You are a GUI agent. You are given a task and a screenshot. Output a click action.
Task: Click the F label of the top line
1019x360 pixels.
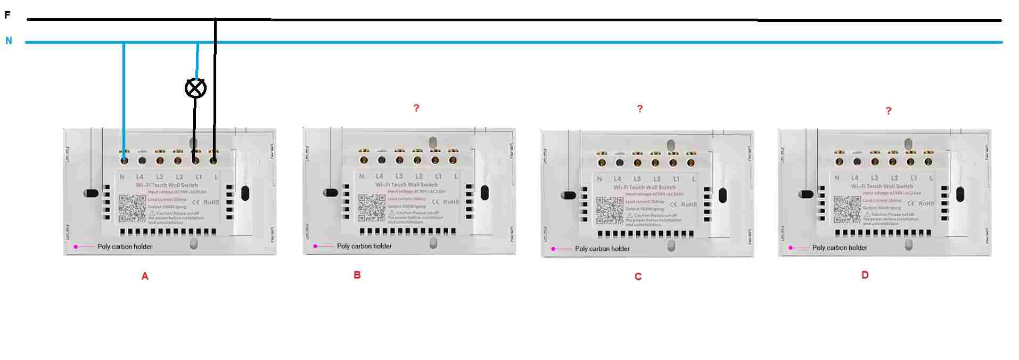click(x=7, y=15)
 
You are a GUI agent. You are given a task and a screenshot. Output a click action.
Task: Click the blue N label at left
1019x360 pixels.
click(x=9, y=40)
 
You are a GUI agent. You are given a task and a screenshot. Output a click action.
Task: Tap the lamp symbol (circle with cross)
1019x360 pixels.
click(x=195, y=88)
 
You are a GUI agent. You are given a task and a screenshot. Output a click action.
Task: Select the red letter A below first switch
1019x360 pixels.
click(x=145, y=276)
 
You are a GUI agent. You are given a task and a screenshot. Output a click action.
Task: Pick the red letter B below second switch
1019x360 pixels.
click(x=357, y=275)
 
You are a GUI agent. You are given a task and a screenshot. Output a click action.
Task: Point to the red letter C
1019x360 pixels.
click(x=638, y=276)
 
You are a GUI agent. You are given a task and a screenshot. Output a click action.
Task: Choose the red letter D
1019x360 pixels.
click(x=865, y=275)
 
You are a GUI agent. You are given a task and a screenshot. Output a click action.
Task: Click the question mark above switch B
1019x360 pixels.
click(x=416, y=108)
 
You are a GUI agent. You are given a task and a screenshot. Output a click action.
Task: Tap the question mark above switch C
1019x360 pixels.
click(x=640, y=109)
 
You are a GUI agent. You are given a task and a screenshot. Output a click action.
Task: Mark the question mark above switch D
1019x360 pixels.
click(x=888, y=111)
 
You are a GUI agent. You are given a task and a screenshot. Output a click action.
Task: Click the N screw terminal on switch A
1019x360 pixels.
click(x=124, y=160)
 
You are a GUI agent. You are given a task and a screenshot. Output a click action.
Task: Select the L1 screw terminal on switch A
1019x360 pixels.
click(x=195, y=160)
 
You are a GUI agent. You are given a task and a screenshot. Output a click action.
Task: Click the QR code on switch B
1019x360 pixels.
click(x=372, y=208)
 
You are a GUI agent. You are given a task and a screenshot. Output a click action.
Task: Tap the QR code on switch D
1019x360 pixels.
click(x=847, y=209)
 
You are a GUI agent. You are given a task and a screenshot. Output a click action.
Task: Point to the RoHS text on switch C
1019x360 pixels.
click(x=689, y=204)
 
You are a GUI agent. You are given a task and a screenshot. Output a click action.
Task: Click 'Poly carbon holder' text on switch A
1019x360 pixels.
click(x=125, y=247)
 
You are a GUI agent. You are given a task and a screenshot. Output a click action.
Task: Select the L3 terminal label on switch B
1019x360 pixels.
click(x=399, y=176)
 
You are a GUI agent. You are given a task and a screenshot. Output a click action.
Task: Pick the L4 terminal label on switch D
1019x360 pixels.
click(x=854, y=178)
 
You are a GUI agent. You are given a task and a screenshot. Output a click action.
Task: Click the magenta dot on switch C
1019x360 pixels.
click(x=553, y=249)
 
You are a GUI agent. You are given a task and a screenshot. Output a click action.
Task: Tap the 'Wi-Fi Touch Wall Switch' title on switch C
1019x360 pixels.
click(x=644, y=187)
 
